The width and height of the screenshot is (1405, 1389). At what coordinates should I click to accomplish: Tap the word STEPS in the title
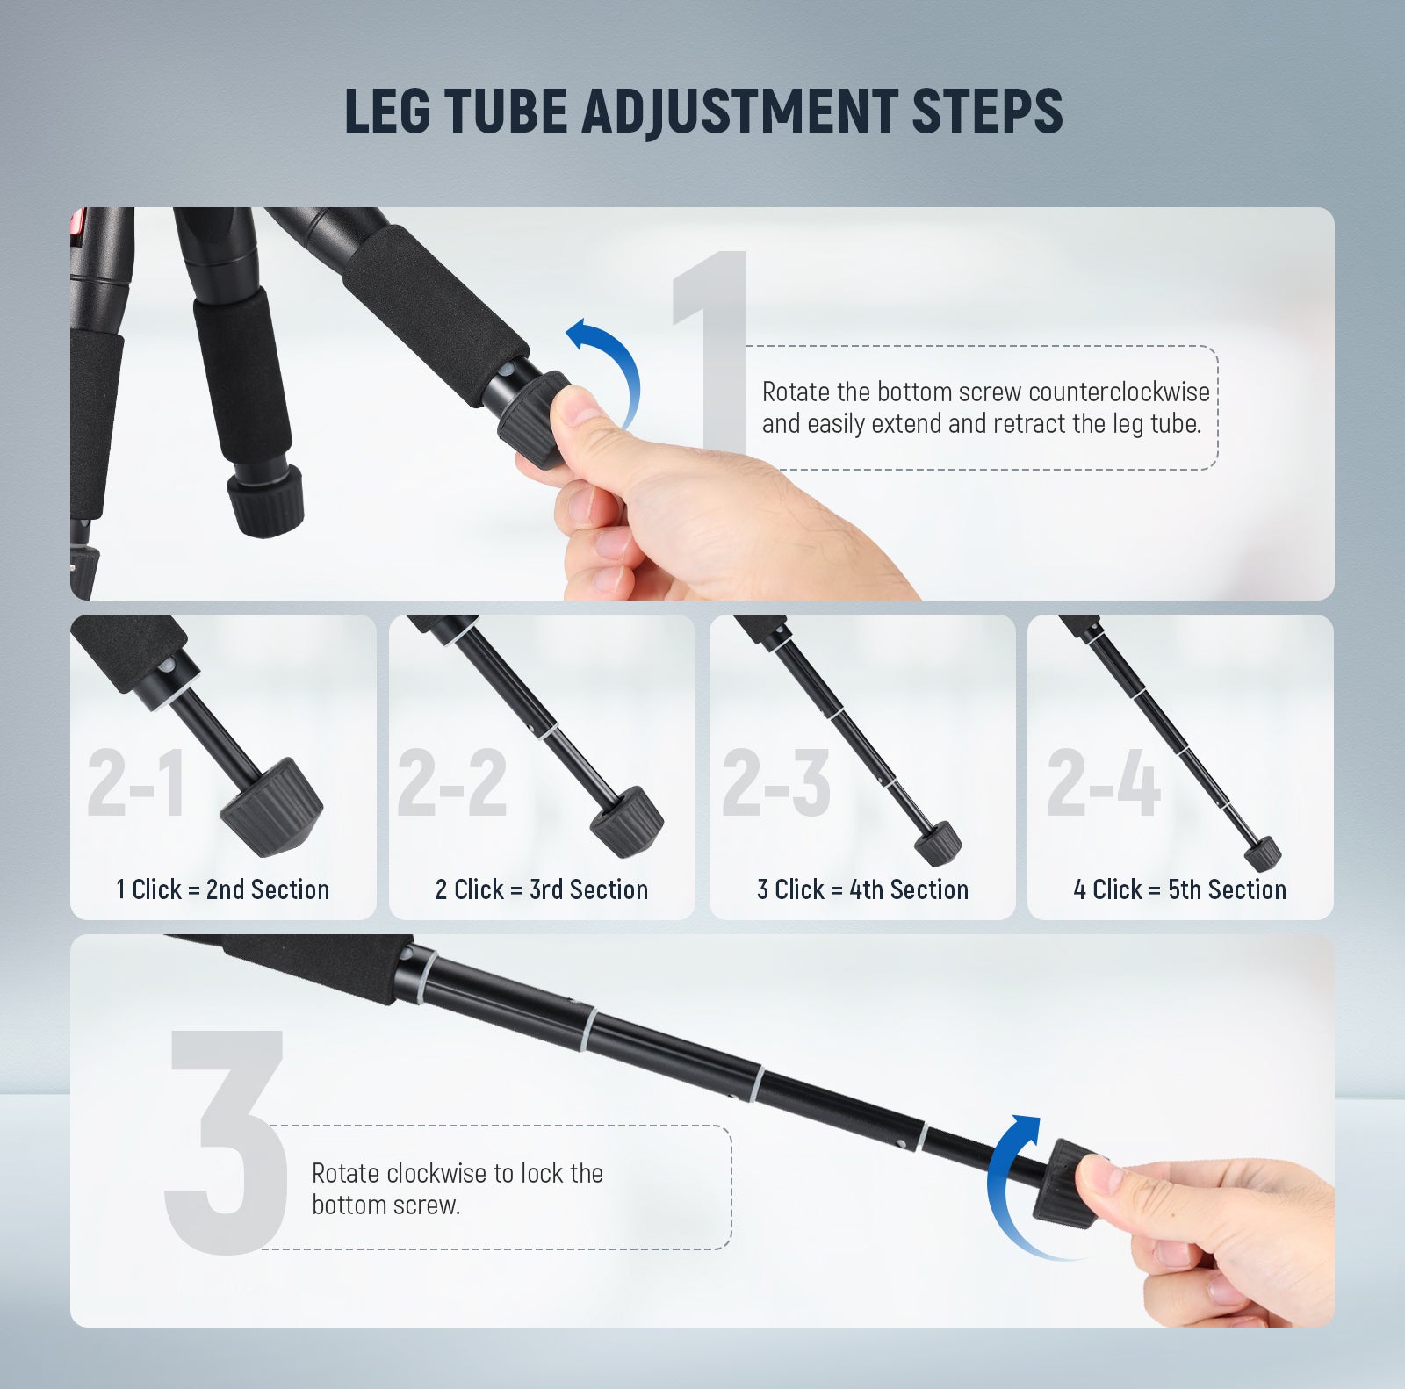[x=987, y=112]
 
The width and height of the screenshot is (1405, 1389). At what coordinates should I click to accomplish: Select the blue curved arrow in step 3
[x=1005, y=1185]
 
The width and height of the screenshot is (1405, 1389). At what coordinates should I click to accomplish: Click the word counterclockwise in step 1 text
[x=1119, y=392]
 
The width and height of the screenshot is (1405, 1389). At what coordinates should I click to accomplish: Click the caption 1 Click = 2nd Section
[x=222, y=889]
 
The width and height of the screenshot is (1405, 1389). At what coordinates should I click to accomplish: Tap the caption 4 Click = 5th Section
[x=1179, y=889]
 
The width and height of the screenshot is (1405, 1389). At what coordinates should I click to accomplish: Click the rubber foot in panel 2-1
[x=270, y=809]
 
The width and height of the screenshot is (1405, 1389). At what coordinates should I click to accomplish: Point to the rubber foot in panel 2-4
[x=1263, y=853]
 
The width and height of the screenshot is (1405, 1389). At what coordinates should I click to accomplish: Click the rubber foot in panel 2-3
[x=938, y=844]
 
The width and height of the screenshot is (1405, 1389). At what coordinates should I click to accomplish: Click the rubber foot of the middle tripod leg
[x=264, y=501]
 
